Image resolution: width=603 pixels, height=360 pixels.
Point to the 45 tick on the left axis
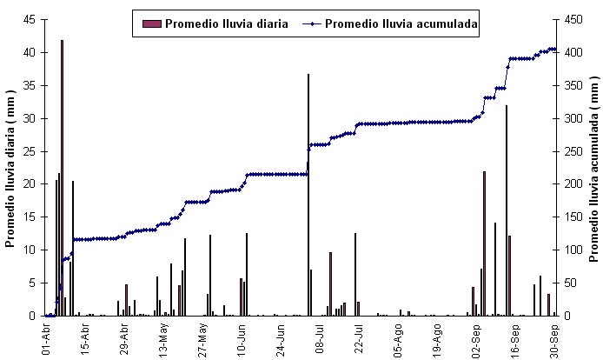[x=30, y=19]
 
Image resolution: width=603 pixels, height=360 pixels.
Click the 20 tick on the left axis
[x=30, y=184]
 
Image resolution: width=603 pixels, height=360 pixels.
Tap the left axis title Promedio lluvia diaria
[x=11, y=168]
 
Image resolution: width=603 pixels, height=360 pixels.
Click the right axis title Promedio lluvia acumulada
[x=594, y=168]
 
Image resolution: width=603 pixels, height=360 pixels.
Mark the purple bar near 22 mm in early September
[x=484, y=243]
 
